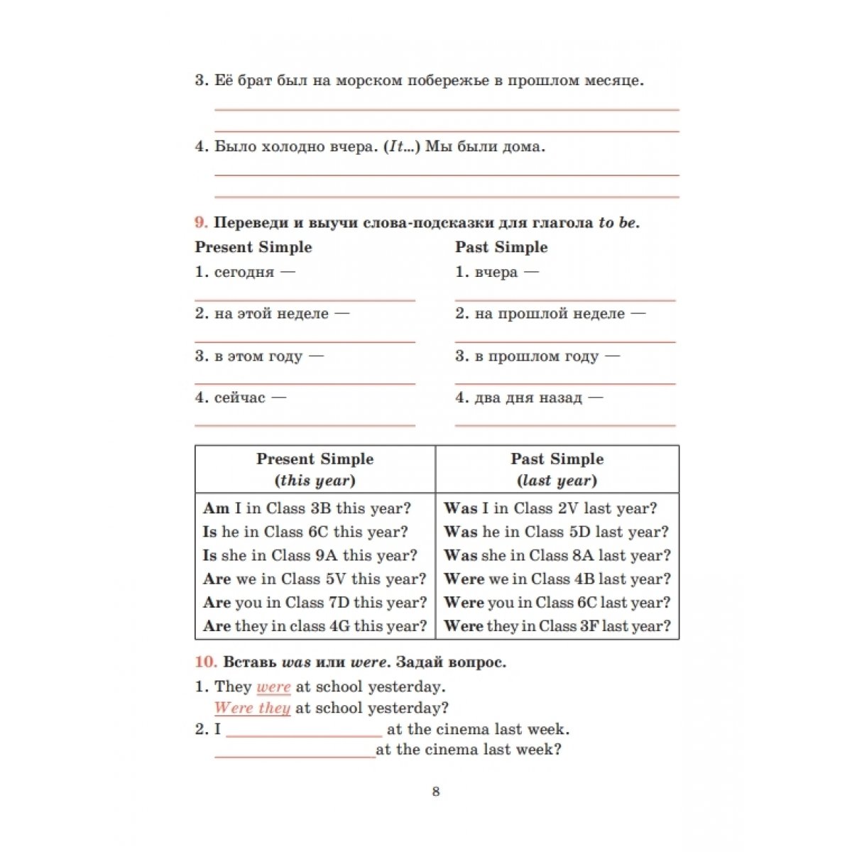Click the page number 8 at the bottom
(436, 792)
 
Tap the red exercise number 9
(201, 222)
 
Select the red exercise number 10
(205, 662)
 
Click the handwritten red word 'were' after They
(273, 687)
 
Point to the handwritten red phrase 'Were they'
(252, 708)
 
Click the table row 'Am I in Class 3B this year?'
(307, 508)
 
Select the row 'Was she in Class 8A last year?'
(557, 555)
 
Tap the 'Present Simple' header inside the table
(315, 459)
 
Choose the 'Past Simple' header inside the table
(557, 459)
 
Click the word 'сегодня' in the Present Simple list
(244, 272)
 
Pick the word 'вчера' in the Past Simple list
(496, 272)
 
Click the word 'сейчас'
(239, 398)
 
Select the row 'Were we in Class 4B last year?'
(557, 579)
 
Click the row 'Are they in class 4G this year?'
(315, 626)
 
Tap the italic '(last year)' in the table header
(557, 481)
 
